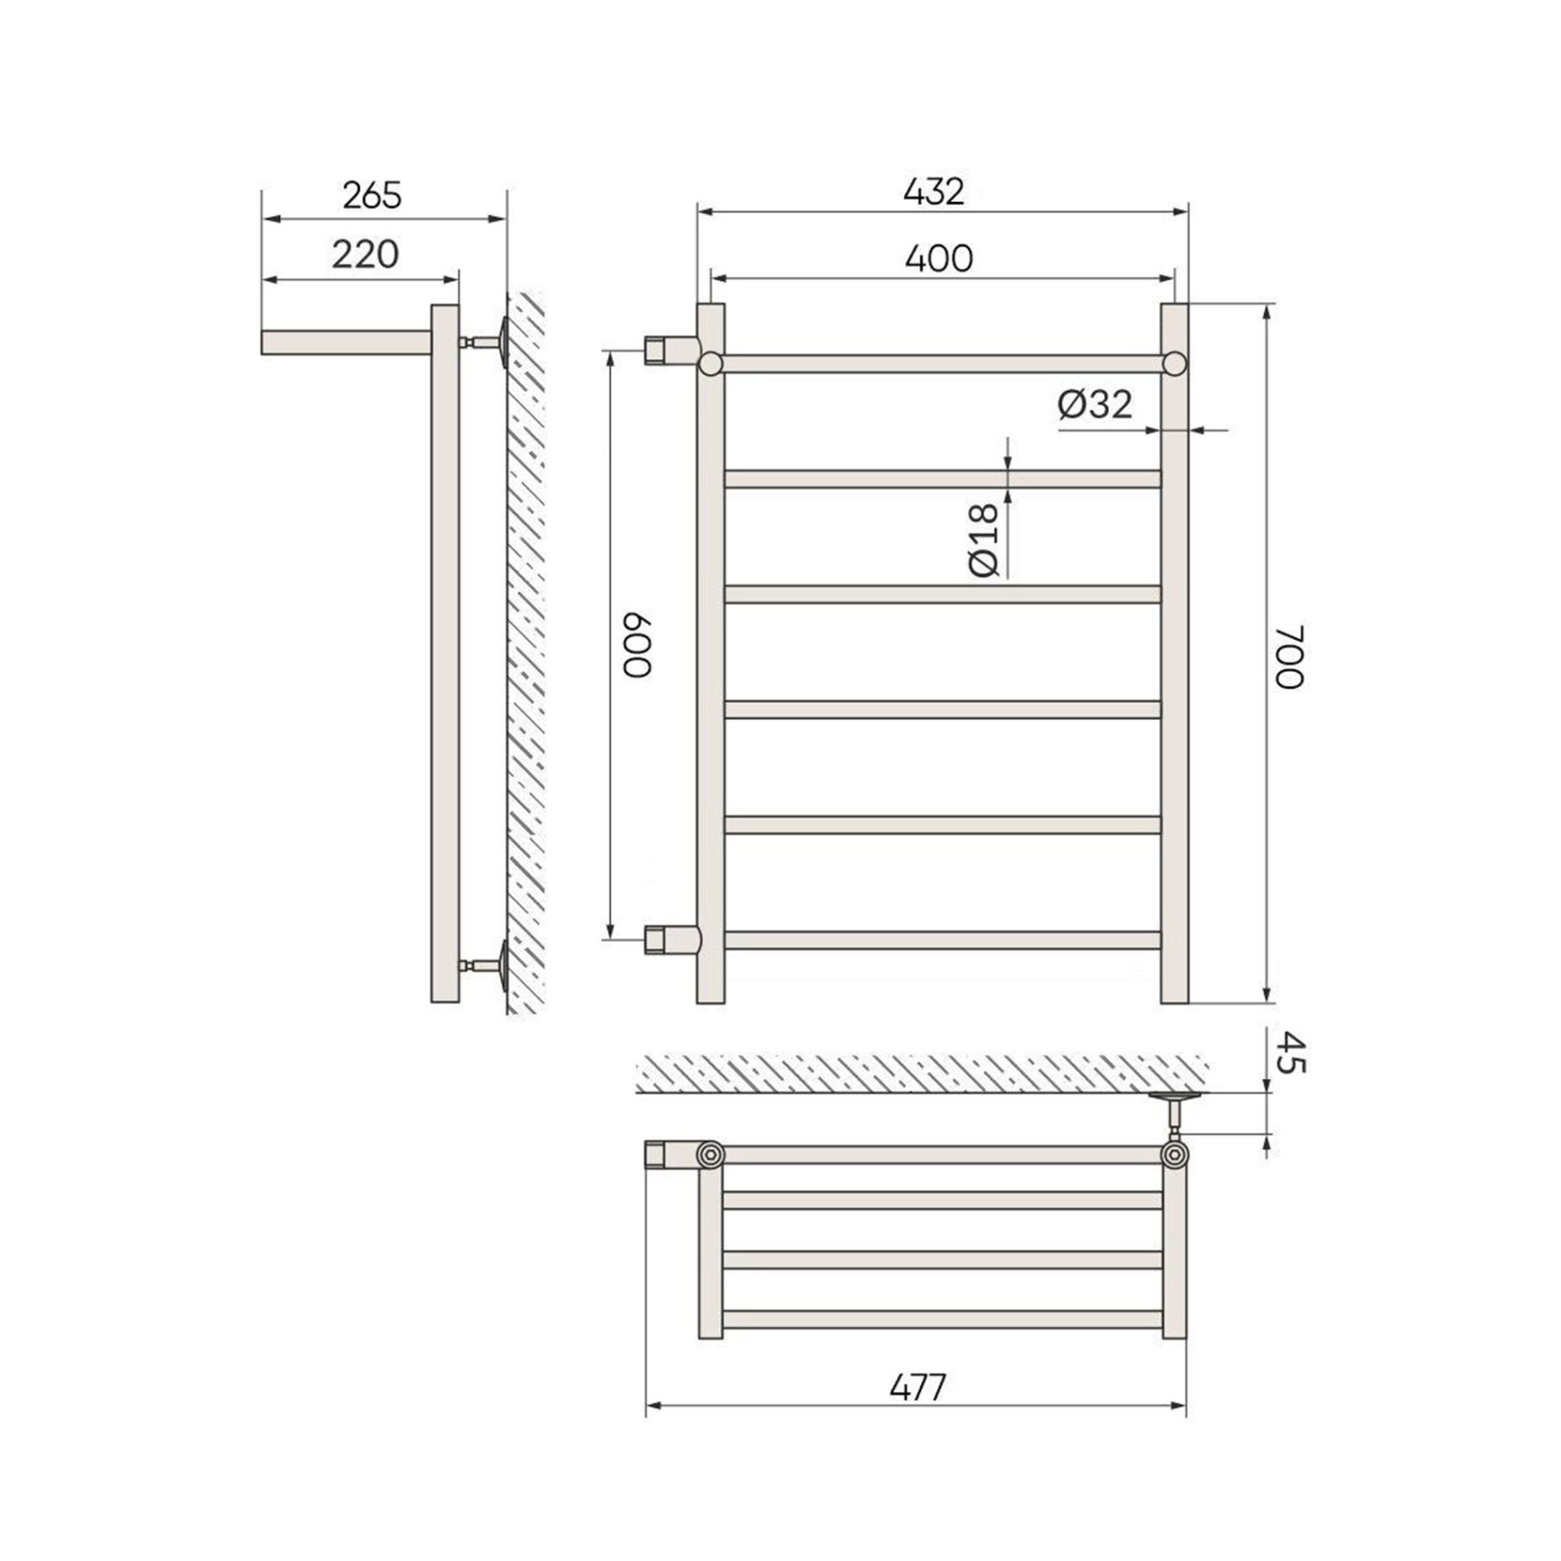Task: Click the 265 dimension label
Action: pyautogui.click(x=372, y=196)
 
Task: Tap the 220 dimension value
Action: pyautogui.click(x=365, y=255)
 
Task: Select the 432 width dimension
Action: pyautogui.click(x=934, y=192)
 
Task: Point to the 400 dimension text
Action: pyautogui.click(x=938, y=258)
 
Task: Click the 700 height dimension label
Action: pyautogui.click(x=1290, y=656)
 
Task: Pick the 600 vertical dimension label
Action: pyautogui.click(x=637, y=647)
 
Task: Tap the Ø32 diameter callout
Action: pyautogui.click(x=1095, y=404)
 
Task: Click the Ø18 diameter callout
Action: pyautogui.click(x=983, y=539)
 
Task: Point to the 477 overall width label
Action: pyautogui.click(x=918, y=1388)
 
